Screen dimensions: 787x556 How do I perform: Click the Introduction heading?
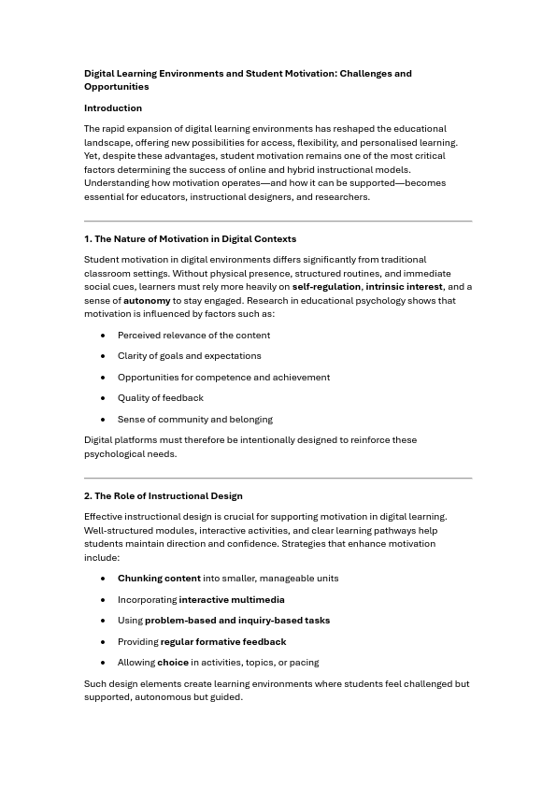pos(113,108)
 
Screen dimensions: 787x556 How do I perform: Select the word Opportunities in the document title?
pos(117,87)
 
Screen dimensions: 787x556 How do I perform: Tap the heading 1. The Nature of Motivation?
pos(191,239)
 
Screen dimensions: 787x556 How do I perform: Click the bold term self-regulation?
pos(326,287)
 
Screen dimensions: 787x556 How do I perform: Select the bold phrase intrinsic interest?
pos(404,287)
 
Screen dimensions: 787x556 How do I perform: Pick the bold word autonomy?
pos(147,301)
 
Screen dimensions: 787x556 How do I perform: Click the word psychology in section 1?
pos(385,301)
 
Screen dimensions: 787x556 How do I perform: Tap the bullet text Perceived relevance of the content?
pos(193,336)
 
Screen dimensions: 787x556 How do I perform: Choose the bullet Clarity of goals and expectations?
pos(190,356)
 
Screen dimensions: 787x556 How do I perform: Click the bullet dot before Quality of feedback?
pos(103,398)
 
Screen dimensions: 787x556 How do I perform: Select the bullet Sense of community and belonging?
pos(195,420)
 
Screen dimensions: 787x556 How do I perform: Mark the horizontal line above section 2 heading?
pos(278,479)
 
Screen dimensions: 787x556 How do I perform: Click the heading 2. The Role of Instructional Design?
pos(164,496)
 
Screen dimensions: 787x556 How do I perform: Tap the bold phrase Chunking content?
pos(159,579)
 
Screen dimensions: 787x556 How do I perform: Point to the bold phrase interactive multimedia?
pos(232,600)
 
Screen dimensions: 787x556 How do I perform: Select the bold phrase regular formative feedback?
pos(223,642)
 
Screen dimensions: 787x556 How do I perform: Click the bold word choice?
pos(173,663)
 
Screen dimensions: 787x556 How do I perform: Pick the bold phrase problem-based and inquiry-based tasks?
pos(237,621)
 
